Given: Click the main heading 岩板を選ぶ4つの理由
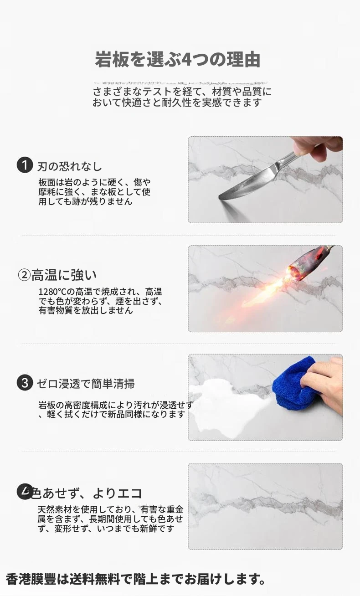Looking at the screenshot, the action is [178, 60].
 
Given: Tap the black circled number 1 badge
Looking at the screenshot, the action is [25, 165].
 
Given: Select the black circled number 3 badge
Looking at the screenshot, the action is [25, 383].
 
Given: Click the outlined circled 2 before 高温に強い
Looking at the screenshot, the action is [25, 275].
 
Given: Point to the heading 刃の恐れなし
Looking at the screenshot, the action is [70, 167].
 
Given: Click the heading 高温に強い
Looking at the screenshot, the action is [64, 275].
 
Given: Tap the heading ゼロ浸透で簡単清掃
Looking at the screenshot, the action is [86, 384].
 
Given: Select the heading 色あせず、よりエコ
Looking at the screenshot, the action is [87, 493].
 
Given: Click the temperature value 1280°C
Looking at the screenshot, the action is [52, 292].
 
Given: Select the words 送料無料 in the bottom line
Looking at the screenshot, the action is [95, 579].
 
